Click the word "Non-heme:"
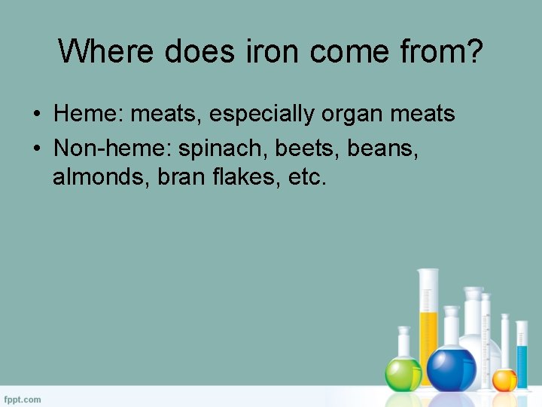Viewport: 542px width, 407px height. [112, 148]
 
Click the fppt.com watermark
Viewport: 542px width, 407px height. [23, 399]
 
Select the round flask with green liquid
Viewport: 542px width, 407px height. [403, 372]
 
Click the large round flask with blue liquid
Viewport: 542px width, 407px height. [452, 369]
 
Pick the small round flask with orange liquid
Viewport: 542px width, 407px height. [504, 379]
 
